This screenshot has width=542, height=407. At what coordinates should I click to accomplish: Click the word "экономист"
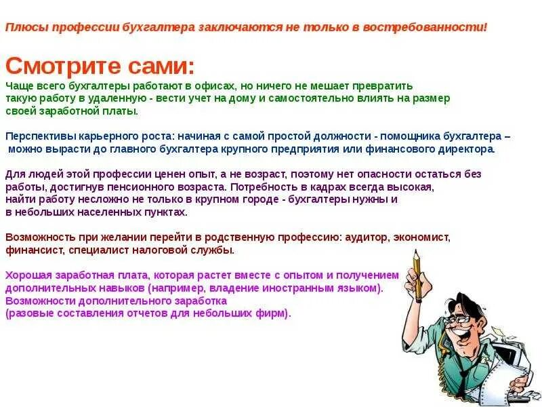(x=421, y=237)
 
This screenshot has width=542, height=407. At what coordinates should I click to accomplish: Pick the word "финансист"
(x=35, y=250)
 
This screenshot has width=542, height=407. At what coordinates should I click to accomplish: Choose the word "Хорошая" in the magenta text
(x=26, y=275)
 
